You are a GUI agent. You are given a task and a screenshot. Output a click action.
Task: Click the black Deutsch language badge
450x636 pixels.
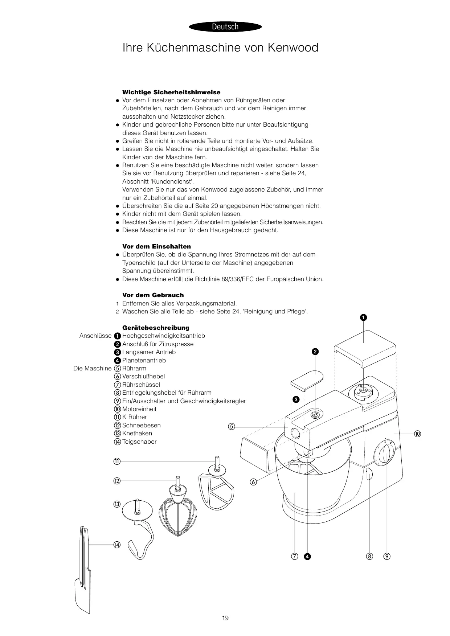tap(225, 26)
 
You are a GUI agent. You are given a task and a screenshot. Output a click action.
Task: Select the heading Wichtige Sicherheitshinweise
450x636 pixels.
tap(171, 92)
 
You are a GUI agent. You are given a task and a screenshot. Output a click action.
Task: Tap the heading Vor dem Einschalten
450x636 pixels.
tap(156, 246)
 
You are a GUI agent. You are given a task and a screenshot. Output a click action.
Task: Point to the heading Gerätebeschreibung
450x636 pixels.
tap(156, 328)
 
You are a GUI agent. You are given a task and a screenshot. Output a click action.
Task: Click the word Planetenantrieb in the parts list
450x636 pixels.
tap(144, 360)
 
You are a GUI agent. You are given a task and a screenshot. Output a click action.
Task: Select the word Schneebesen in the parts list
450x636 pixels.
tap(141, 425)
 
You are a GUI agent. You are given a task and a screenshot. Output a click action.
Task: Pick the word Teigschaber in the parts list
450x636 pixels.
tap(139, 442)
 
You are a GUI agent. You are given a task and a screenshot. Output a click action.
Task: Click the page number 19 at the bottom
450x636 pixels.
tap(225, 618)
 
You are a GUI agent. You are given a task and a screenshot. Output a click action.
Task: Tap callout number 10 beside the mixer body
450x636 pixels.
tap(417, 434)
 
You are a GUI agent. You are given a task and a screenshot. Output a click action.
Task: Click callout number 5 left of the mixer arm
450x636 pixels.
tap(232, 426)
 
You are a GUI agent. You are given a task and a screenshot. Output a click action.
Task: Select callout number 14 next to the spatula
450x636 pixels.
tap(117, 545)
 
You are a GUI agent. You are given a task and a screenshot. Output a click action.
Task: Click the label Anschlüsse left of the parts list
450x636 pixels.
tap(95, 336)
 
